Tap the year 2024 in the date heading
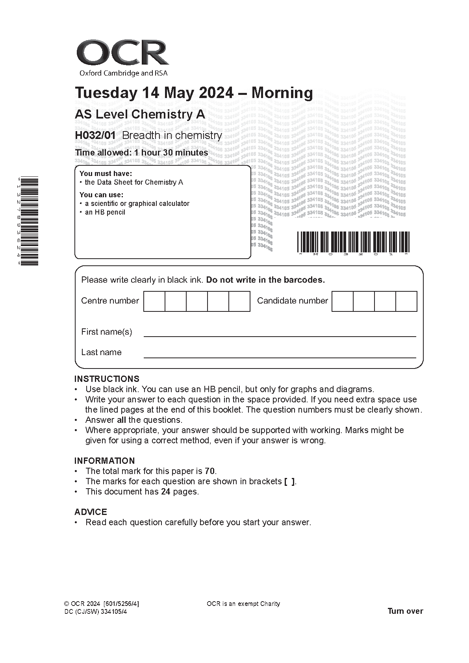pyautogui.click(x=216, y=93)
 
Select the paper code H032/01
pyautogui.click(x=95, y=135)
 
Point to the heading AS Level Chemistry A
pyautogui.click(x=140, y=115)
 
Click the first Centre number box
pyautogui.click(x=154, y=302)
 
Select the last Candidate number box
pyautogui.click(x=406, y=302)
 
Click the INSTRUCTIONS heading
pyautogui.click(x=107, y=379)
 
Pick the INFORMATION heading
pyautogui.click(x=104, y=461)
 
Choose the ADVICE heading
pyautogui.click(x=91, y=512)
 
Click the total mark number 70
pyautogui.click(x=210, y=471)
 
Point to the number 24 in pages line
pyautogui.click(x=165, y=492)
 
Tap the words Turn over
pyautogui.click(x=405, y=611)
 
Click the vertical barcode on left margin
pyautogui.click(x=29, y=221)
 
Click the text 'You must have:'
pyautogui.click(x=106, y=174)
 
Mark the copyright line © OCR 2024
pyautogui.click(x=101, y=604)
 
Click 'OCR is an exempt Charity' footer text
pyautogui.click(x=243, y=604)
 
